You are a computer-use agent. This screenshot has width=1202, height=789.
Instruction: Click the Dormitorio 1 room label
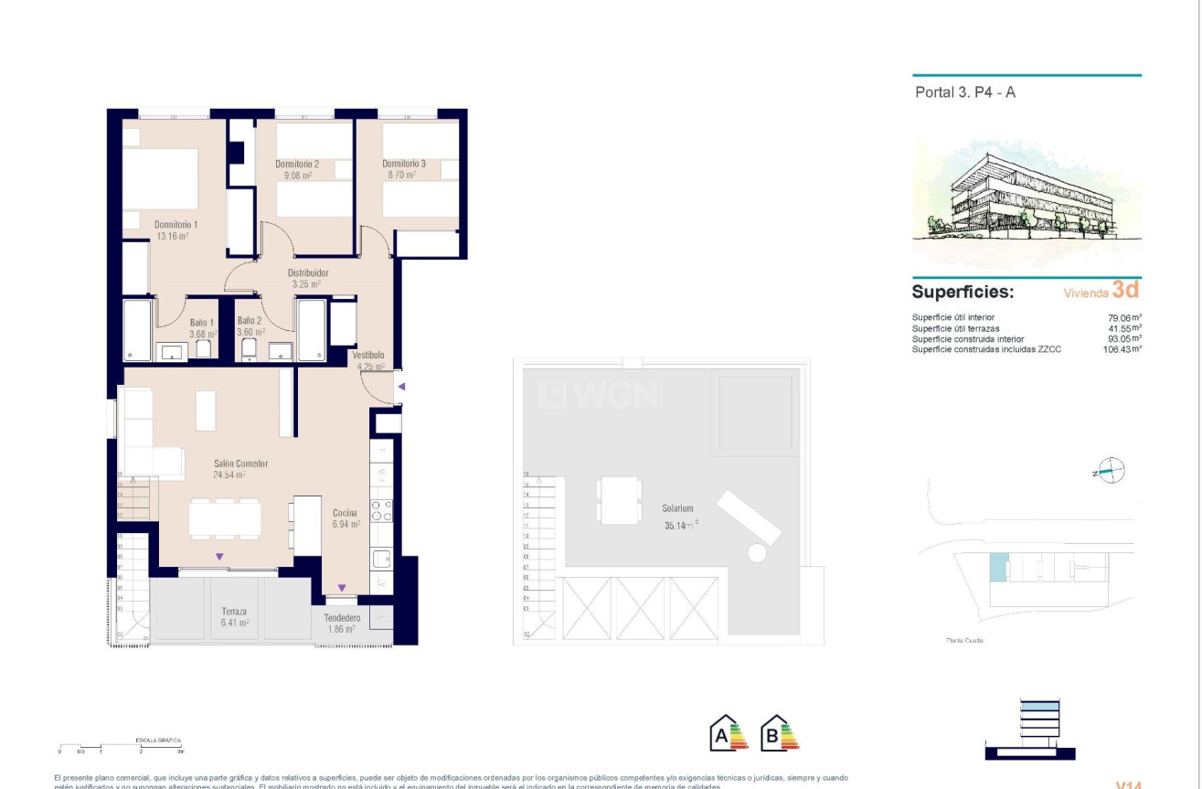point(176,224)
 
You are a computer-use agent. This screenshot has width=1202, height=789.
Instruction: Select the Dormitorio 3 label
point(404,164)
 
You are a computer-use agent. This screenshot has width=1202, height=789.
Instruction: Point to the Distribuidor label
point(308,272)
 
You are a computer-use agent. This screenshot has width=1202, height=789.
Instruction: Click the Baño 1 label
point(202,322)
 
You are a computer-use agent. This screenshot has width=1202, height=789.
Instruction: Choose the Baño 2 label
point(250,321)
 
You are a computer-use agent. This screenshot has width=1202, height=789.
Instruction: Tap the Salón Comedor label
point(240,464)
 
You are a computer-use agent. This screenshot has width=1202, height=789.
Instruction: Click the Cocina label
point(346,513)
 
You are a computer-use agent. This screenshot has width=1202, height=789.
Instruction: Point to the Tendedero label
point(342,618)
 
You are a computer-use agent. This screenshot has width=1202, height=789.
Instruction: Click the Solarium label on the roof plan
point(678,508)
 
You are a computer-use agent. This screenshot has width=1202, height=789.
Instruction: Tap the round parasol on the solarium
point(756,553)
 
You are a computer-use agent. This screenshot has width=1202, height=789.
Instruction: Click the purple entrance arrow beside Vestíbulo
point(400,387)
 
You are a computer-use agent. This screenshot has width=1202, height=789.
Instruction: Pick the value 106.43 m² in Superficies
point(1122,349)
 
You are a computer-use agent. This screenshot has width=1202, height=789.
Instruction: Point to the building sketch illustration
point(1026,201)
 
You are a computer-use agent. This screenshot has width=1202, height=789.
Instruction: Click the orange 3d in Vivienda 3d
point(1125,291)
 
